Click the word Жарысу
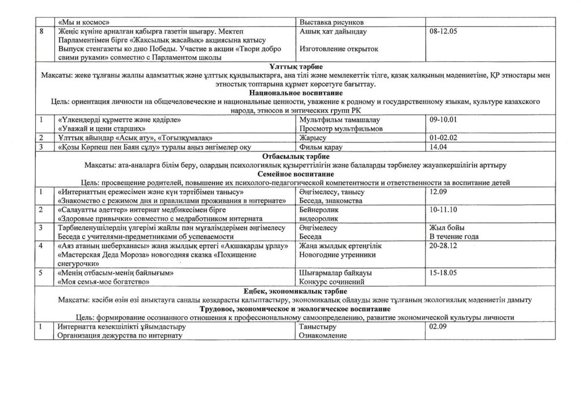coord(312,138)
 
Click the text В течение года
coord(454,237)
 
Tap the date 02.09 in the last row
coord(439,327)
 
